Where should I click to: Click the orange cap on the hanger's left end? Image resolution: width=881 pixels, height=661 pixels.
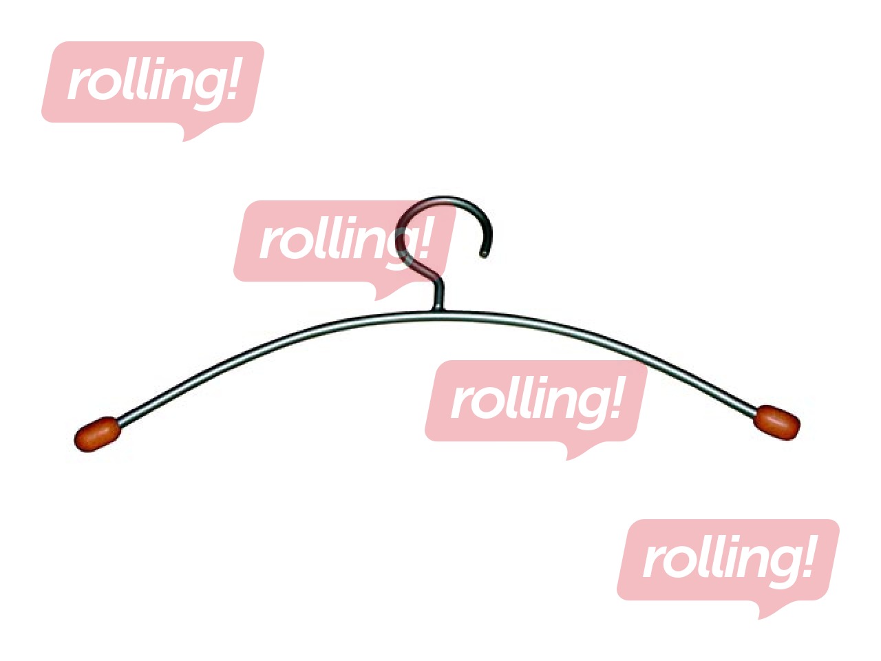pyautogui.click(x=97, y=434)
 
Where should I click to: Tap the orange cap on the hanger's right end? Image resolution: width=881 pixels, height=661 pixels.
pyautogui.click(x=776, y=423)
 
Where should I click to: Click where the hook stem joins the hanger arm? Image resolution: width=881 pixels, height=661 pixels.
pyautogui.click(x=438, y=311)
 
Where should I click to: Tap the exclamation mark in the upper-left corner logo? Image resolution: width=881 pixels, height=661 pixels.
pyautogui.click(x=231, y=78)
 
